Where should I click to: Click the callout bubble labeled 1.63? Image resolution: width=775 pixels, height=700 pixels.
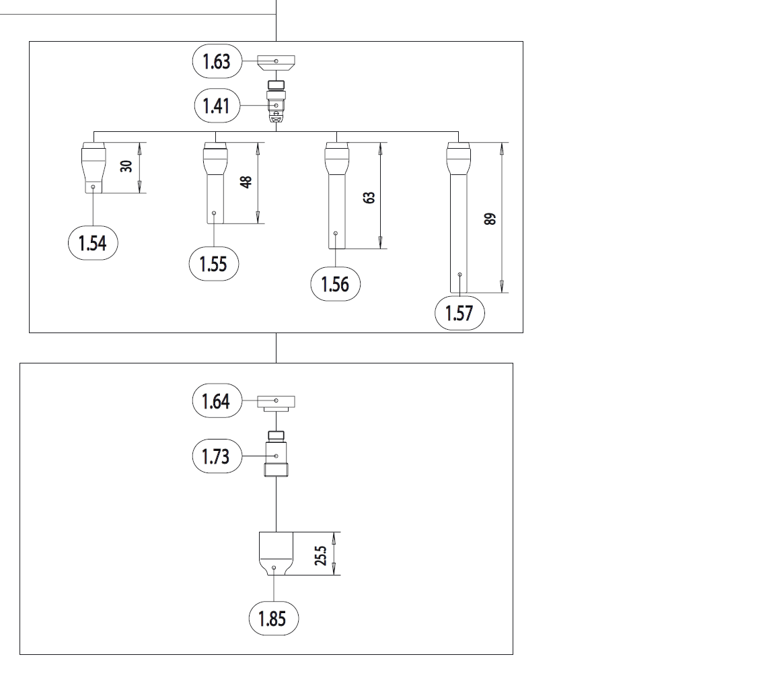click(217, 61)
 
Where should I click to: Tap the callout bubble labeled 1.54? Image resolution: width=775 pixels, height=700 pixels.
click(93, 243)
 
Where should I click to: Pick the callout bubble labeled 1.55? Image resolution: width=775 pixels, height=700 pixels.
click(214, 264)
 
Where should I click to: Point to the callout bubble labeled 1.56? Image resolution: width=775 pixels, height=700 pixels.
click(335, 284)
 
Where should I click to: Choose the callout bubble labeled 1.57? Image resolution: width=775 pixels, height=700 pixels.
click(459, 313)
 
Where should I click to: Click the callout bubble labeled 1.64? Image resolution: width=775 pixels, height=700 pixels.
click(217, 401)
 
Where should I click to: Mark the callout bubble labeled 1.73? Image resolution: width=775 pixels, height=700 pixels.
click(217, 457)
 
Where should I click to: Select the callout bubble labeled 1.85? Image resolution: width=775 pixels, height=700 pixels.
click(274, 618)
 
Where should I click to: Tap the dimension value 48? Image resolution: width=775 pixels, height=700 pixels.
click(246, 182)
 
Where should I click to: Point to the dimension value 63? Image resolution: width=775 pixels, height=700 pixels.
click(368, 198)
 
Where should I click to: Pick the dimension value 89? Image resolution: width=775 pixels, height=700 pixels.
click(490, 219)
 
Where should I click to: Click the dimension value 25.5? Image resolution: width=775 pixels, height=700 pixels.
click(322, 556)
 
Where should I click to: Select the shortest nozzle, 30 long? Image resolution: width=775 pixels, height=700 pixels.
click(93, 168)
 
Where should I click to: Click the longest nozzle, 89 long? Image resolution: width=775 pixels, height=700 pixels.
click(459, 215)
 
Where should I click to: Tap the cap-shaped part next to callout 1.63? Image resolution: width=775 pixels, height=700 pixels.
click(276, 64)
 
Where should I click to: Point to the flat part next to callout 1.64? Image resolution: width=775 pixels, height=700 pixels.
click(276, 403)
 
